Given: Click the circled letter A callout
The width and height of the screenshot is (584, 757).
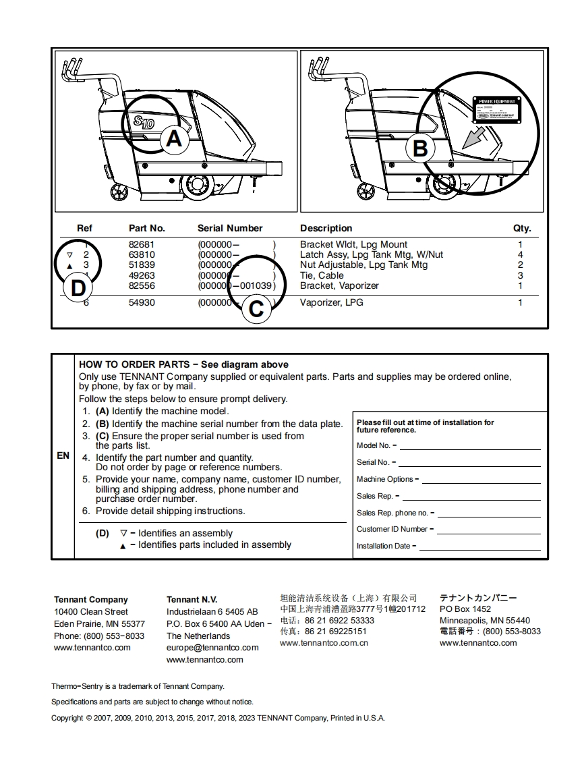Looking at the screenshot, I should (174, 139).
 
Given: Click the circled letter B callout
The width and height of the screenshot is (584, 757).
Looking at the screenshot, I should (419, 148).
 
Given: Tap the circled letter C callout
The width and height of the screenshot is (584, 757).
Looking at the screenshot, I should (256, 308).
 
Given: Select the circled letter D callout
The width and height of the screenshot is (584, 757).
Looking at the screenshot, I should (78, 288).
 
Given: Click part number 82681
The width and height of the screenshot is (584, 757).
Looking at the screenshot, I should (142, 244).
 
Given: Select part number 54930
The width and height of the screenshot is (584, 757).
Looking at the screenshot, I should (142, 302).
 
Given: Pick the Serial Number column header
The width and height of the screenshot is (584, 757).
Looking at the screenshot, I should (230, 228).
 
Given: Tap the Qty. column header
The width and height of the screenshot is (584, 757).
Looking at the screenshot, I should (522, 228).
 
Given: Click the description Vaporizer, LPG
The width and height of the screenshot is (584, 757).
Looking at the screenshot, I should (331, 302).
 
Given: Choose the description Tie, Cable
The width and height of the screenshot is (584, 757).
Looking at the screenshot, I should (322, 275).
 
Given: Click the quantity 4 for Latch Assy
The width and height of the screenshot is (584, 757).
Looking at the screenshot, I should (520, 254).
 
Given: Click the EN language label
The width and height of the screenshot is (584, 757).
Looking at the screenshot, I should (63, 455).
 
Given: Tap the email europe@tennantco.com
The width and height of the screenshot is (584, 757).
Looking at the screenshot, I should (212, 648).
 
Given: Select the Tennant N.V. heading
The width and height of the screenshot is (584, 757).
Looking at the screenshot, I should (192, 599).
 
